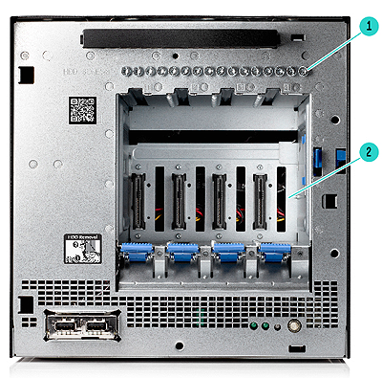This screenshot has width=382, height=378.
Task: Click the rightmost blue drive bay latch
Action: click(274, 253)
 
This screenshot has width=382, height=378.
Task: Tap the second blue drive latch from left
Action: click(182, 253)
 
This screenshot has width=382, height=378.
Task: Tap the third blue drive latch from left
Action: click(228, 253)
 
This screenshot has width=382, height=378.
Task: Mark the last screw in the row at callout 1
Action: click(303, 70)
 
